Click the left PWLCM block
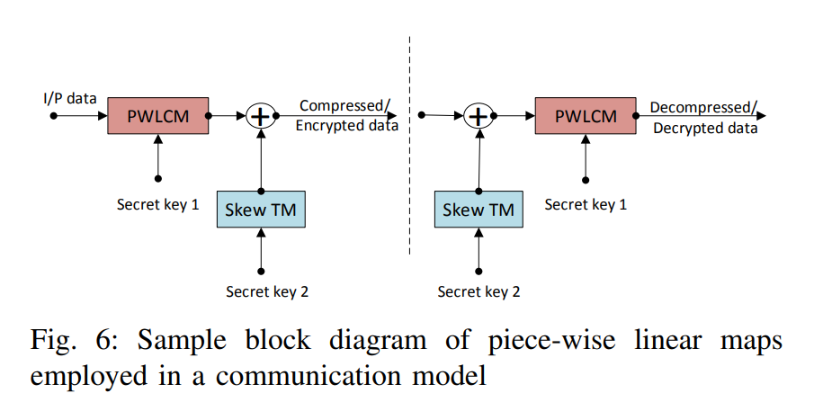[157, 115]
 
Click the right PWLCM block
[586, 116]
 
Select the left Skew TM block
[261, 210]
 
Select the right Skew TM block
[479, 210]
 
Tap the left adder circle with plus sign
[260, 116]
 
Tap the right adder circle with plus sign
[479, 116]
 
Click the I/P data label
[69, 98]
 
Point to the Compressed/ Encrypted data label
[346, 116]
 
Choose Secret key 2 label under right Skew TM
[479, 291]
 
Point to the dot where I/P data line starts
[53, 115]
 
